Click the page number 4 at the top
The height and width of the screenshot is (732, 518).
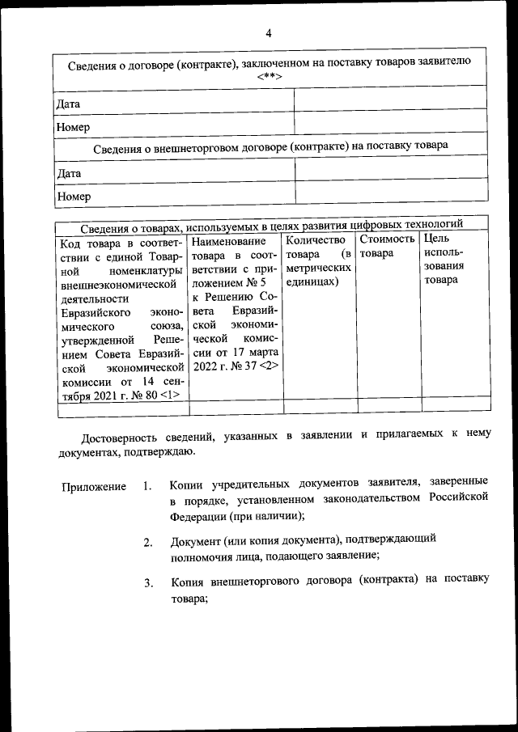(268, 34)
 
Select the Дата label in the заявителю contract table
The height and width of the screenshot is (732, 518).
(68, 104)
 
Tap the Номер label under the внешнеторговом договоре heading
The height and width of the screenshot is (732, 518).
(73, 196)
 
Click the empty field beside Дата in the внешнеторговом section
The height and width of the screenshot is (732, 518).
(391, 173)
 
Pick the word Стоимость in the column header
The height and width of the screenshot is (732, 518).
(387, 239)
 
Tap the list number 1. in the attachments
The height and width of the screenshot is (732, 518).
(146, 487)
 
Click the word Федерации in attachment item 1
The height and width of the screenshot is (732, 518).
(197, 516)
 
